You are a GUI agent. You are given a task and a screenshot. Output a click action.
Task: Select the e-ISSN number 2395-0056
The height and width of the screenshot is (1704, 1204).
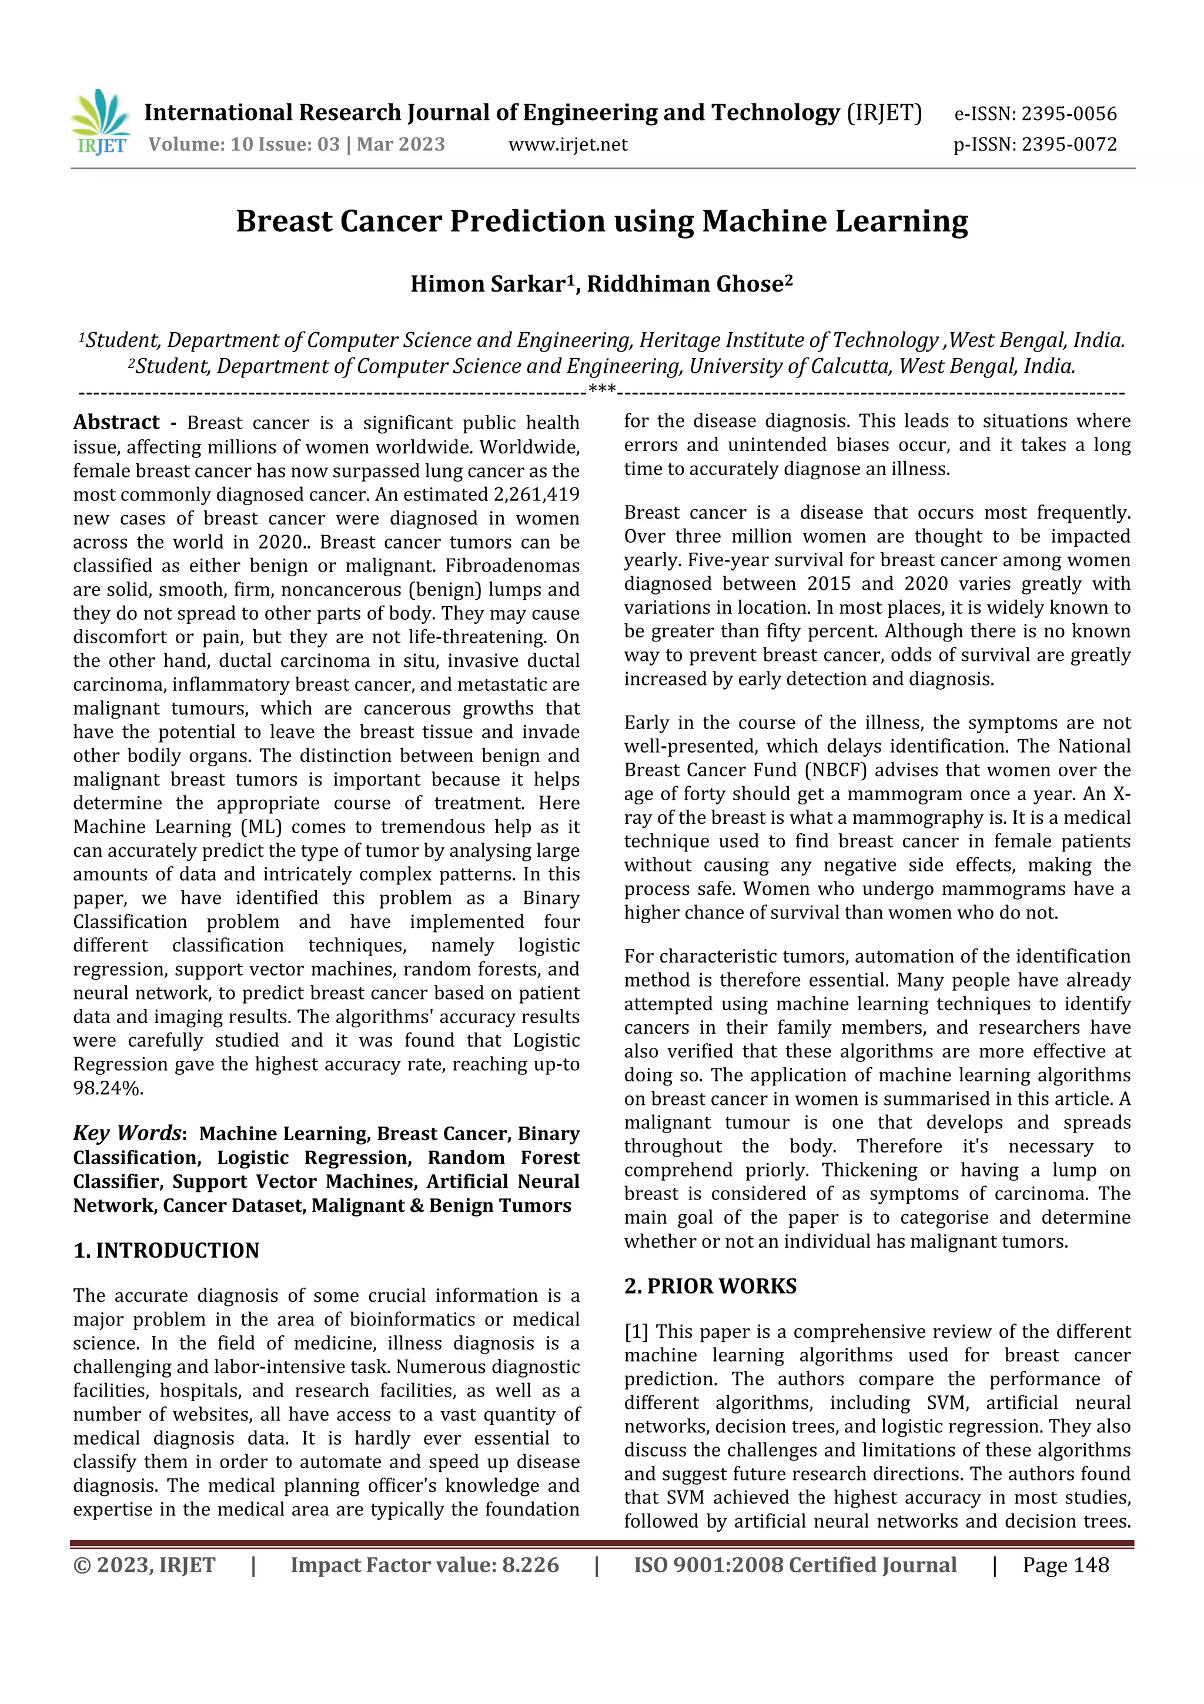[1068, 114]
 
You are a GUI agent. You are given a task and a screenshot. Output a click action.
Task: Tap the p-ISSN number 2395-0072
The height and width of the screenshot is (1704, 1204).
[1068, 145]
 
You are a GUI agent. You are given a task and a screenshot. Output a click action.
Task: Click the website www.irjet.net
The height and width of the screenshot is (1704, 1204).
[567, 145]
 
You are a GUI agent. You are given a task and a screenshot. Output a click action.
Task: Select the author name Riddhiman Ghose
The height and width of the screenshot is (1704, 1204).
[685, 284]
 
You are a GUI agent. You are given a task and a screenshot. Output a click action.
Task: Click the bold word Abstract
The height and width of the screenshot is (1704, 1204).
[116, 423]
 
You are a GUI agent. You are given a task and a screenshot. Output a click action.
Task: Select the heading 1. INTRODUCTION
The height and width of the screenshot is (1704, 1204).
[166, 1251]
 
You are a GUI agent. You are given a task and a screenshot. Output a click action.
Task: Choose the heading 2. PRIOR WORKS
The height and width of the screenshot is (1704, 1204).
[710, 1286]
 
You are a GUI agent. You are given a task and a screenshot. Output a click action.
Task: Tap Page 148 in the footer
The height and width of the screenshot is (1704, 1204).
[1065, 1565]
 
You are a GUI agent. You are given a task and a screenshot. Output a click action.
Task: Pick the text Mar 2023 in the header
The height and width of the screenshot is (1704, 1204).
[400, 145]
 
